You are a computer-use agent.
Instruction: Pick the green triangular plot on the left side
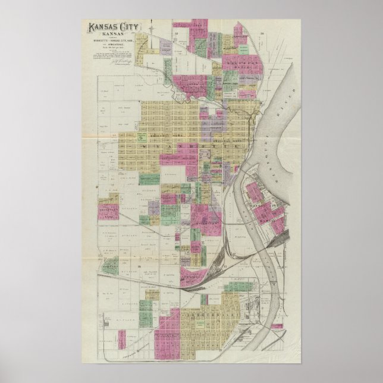pyautogui.click(x=109, y=268)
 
